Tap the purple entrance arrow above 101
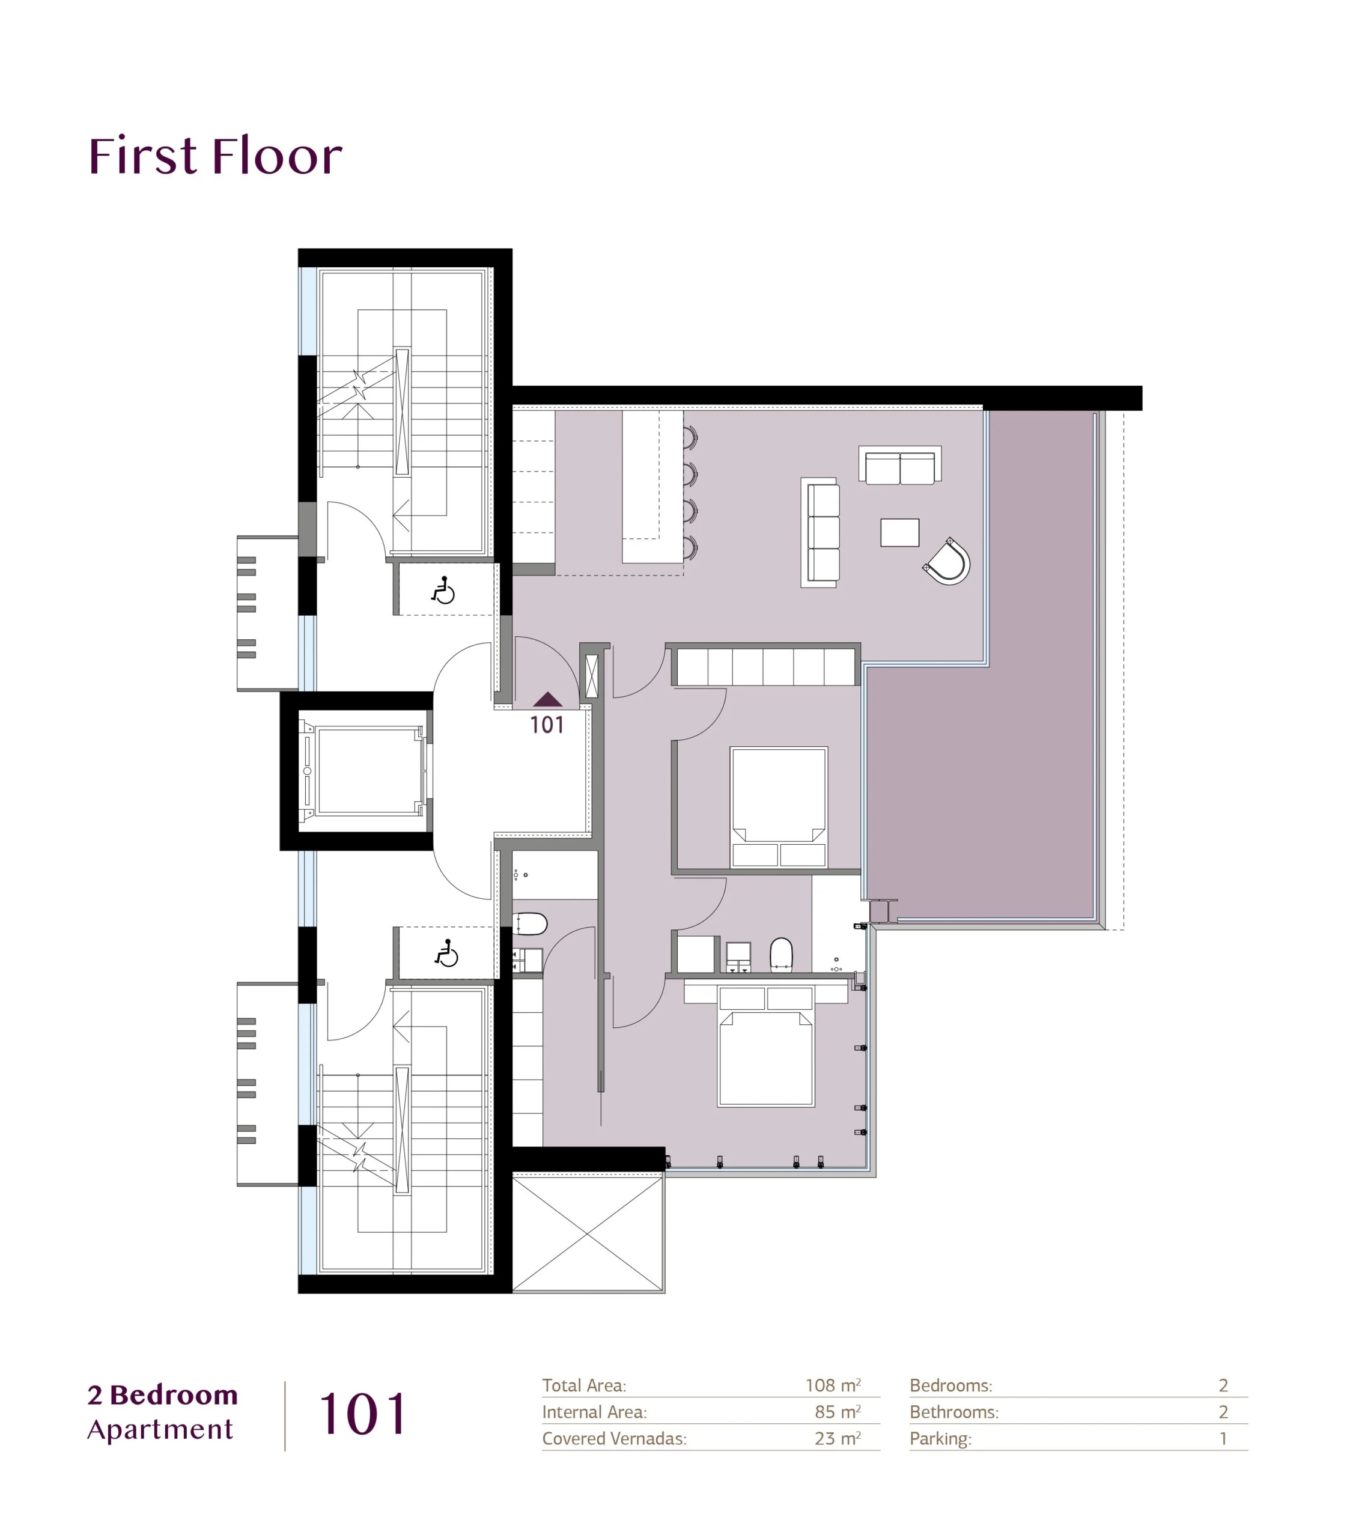547,699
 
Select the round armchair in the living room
947,561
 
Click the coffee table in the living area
899,532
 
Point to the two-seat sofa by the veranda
900,465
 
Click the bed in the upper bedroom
779,807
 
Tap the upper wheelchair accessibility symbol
443,591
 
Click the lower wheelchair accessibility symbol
447,953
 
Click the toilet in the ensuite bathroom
781,954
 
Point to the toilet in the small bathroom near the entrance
530,923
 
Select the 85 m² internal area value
838,1412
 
